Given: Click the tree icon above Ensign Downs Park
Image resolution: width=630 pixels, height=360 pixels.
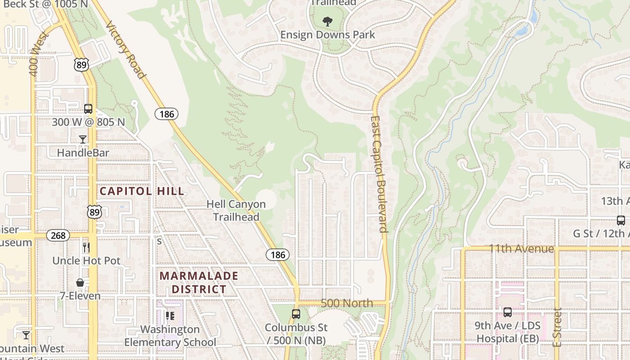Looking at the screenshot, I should coord(327,20).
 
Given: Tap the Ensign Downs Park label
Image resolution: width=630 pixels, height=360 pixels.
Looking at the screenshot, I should coord(327,35).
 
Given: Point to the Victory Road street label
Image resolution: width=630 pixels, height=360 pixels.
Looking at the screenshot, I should coord(126,49).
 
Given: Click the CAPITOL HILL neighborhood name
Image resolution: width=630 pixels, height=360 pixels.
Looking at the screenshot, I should coord(142,191).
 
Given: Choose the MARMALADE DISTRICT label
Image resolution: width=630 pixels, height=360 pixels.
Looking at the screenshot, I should coord(199,282).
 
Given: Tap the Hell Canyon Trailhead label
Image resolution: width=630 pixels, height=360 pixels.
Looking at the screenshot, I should coord(236,211).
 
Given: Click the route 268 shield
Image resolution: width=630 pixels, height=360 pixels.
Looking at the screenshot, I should coord(58,235).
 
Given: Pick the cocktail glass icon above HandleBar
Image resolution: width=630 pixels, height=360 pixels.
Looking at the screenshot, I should coord(83,139).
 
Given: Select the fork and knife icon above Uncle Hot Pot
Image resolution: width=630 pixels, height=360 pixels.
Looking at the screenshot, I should coord(86,247).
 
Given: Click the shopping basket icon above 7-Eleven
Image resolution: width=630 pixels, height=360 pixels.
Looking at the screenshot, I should coord(80,283).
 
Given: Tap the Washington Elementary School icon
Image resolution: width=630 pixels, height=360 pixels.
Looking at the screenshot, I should coord(170,316).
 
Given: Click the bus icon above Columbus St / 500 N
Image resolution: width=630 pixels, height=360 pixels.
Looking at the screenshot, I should coord(296,314).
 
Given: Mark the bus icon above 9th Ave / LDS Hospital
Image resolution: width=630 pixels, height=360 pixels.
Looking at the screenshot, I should coord(508,312).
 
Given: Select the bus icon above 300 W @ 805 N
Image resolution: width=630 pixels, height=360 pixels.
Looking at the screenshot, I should coord(88,108).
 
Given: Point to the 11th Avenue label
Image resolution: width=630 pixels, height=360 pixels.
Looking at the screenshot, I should coord(522,249).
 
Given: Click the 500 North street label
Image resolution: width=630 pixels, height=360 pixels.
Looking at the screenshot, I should coord(347,303).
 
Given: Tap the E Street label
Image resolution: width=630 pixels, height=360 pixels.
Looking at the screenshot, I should coord(558,327).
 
